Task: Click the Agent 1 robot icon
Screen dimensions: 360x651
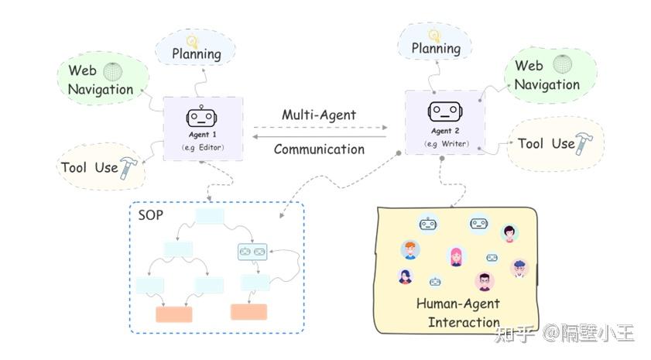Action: pos(200,117)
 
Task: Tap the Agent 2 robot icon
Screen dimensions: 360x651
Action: pos(444,111)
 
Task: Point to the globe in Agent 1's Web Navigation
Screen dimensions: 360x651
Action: pos(113,70)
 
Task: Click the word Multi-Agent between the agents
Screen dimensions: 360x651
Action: pos(319,115)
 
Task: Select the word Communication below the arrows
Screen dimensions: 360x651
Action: pos(319,149)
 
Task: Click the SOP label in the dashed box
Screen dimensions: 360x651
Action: pos(150,214)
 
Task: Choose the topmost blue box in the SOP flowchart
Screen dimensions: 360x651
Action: pos(210,216)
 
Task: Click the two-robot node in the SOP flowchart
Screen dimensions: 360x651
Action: pos(251,251)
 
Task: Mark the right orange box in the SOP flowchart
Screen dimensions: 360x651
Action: pos(248,311)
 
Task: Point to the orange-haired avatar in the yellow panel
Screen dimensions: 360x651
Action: pos(409,251)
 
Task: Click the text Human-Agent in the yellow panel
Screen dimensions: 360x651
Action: pos(458,303)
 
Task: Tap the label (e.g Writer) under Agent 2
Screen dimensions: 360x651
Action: pos(444,144)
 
